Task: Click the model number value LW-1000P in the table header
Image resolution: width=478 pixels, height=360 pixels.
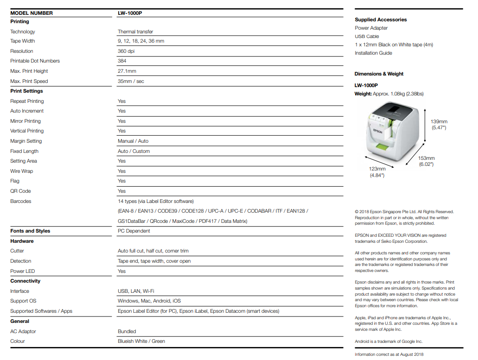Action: pyautogui.click(x=130, y=13)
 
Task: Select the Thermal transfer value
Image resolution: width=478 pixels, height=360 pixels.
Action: pyautogui.click(x=135, y=32)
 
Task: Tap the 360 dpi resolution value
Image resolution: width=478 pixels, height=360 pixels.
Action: pyautogui.click(x=126, y=51)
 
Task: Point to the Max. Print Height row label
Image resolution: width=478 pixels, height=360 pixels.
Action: pyautogui.click(x=29, y=71)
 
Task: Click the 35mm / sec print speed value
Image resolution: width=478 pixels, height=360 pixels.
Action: pyautogui.click(x=131, y=81)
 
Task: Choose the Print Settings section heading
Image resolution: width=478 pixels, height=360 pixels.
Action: pyautogui.click(x=26, y=91)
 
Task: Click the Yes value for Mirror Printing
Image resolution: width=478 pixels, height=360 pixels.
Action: pyautogui.click(x=121, y=121)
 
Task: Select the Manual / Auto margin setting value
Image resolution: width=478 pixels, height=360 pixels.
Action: pyautogui.click(x=133, y=141)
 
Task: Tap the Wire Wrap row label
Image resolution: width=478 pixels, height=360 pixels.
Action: pyautogui.click(x=22, y=171)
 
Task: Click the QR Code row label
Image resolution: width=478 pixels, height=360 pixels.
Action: pyautogui.click(x=20, y=191)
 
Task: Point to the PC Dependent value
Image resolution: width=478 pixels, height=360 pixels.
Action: pyautogui.click(x=134, y=231)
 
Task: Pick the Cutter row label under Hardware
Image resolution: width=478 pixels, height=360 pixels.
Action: pyautogui.click(x=17, y=251)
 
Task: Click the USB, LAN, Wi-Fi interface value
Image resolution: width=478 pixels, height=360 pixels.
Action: pyautogui.click(x=136, y=291)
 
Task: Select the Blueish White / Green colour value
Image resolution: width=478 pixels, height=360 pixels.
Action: pyautogui.click(x=141, y=341)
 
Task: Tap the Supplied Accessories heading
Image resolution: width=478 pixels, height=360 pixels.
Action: pyautogui.click(x=381, y=19)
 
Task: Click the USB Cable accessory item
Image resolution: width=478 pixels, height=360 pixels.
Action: pyautogui.click(x=367, y=36)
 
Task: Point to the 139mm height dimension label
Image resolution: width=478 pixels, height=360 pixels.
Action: pyautogui.click(x=439, y=122)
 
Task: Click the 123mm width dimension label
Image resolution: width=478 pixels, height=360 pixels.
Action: pyautogui.click(x=377, y=169)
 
